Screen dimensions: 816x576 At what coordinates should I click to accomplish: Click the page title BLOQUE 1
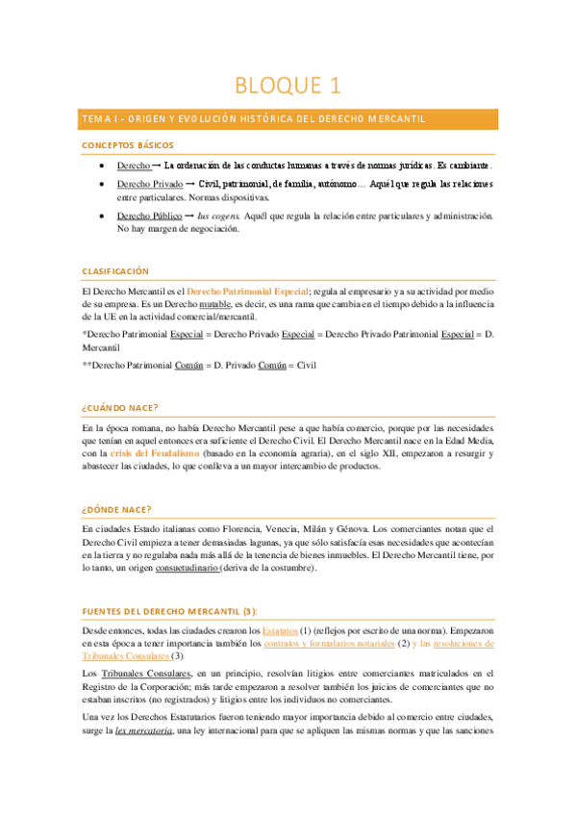tap(288, 85)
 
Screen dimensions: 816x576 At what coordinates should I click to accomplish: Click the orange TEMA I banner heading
tap(254, 118)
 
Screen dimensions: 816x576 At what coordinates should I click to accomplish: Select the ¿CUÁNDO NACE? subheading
tap(120, 408)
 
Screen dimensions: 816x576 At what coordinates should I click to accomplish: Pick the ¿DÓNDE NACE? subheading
tap(116, 508)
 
